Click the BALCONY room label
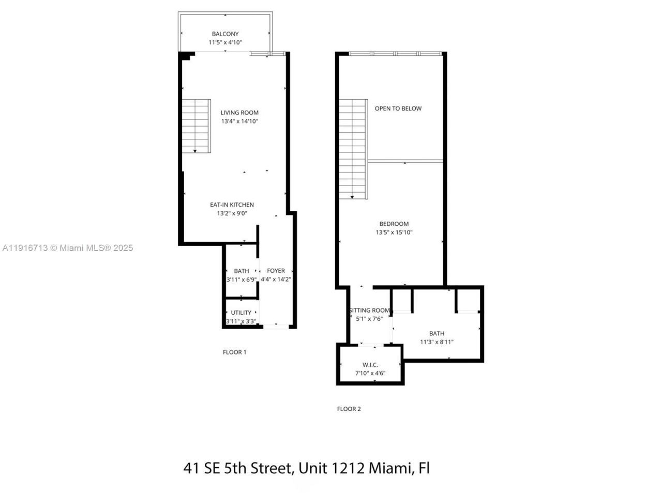coord(225,34)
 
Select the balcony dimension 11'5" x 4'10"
coord(225,42)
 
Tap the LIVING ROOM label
coord(239,113)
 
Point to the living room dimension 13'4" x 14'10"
coord(239,121)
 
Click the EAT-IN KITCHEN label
coord(232,205)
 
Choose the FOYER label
coord(276,271)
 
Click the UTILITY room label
coord(241,313)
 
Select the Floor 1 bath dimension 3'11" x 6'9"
coord(242,280)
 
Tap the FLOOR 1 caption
coord(234,352)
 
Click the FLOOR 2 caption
coord(349,409)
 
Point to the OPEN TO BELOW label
coord(398,109)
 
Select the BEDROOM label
coord(394,224)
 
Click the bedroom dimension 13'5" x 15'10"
coord(394,233)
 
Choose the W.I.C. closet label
coord(370,365)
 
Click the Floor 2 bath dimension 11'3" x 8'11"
coord(437,342)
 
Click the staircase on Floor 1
coord(196,126)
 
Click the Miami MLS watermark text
coord(67,248)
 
